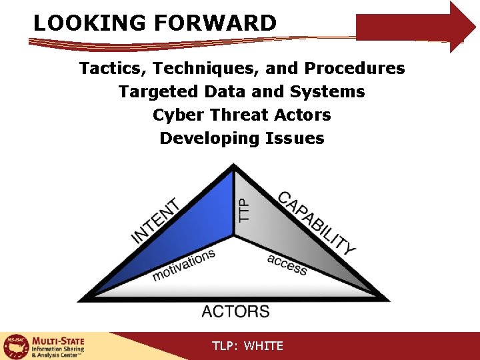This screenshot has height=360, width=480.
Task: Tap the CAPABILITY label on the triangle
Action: [x=317, y=223]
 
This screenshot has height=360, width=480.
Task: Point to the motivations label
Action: [x=184, y=265]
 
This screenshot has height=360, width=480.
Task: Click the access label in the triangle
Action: [x=287, y=264]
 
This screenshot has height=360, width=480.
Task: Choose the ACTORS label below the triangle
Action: [x=235, y=311]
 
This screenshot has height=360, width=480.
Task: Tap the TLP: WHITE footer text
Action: [x=247, y=346]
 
